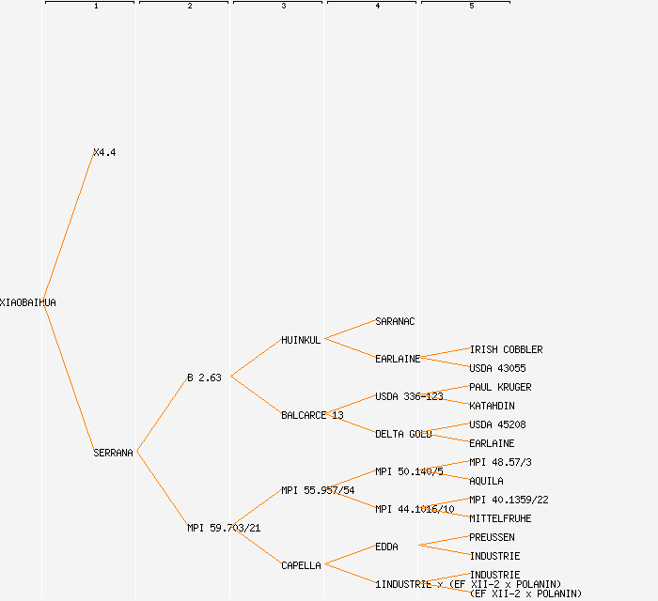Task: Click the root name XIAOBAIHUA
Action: pyautogui.click(x=27, y=302)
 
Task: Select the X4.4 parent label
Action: pyautogui.click(x=104, y=152)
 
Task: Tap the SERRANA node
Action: pyautogui.click(x=113, y=453)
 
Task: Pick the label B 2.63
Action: pyautogui.click(x=204, y=378)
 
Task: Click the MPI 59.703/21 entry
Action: pyautogui.click(x=224, y=528)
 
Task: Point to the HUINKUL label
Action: pyautogui.click(x=301, y=340)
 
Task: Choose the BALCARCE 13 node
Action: pyautogui.click(x=312, y=415)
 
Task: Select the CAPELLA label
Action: pyautogui.click(x=301, y=565)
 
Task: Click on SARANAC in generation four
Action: pyautogui.click(x=395, y=321)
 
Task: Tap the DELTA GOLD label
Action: pyautogui.click(x=403, y=434)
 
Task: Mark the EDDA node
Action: pyautogui.click(x=386, y=547)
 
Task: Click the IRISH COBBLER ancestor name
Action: pyautogui.click(x=506, y=349)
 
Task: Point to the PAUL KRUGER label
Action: pyautogui.click(x=500, y=387)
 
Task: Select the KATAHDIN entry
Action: pyautogui.click(x=492, y=406)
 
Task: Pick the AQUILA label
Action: pyautogui.click(x=486, y=481)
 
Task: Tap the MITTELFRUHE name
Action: pyautogui.click(x=500, y=518)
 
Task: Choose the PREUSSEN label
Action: pyautogui.click(x=492, y=537)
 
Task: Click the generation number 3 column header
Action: pyautogui.click(x=283, y=7)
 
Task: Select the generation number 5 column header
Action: pyautogui.click(x=471, y=7)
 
